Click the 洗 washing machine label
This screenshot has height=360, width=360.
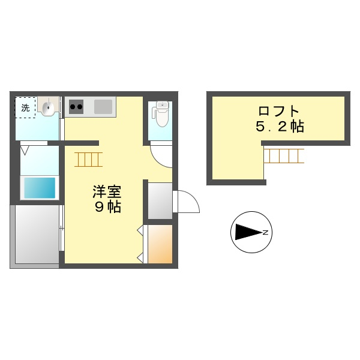(25, 109)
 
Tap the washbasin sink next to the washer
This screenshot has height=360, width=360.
(48, 108)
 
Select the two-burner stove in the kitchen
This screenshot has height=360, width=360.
(76, 108)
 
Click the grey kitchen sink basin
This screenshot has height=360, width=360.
(103, 107)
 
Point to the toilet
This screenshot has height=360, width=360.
(161, 114)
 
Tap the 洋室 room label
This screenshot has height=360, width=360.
(107, 193)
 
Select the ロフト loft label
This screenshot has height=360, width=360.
(278, 112)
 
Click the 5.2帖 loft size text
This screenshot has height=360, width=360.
(278, 127)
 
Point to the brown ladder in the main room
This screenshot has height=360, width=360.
(89, 159)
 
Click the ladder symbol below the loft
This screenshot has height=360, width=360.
(284, 156)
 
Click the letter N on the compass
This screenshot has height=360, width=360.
(265, 232)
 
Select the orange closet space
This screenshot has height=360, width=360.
(160, 244)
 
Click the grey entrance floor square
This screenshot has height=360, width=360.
(160, 201)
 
